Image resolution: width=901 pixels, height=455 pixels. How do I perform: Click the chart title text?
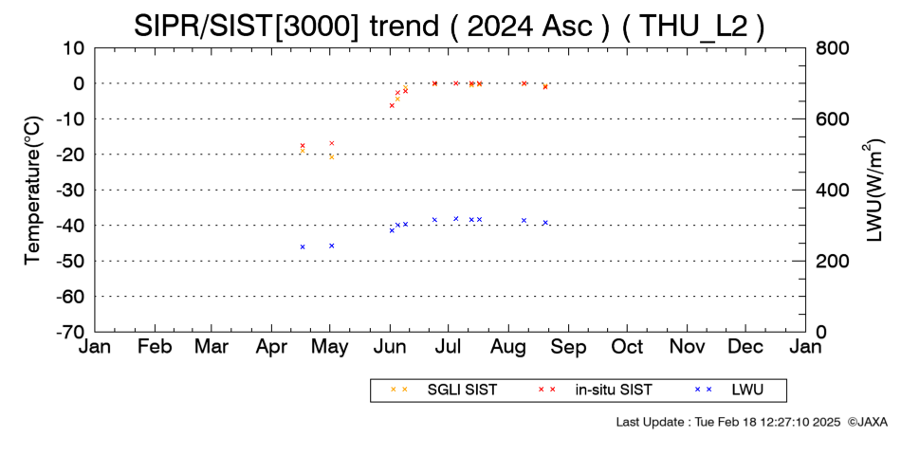[450, 26]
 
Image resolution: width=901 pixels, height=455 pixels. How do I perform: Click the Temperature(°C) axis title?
[34, 191]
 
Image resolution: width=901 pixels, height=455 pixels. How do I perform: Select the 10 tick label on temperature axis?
[74, 48]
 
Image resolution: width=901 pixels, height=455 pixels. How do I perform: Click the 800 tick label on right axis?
[832, 48]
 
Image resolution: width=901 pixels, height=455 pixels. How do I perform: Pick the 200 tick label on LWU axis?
[832, 262]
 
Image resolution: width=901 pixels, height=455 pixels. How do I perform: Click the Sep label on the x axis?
[568, 347]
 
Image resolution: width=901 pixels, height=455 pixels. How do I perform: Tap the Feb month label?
[155, 347]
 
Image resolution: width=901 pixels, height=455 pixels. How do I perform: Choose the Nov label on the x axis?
[687, 347]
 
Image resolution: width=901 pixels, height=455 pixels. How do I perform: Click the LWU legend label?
[747, 391]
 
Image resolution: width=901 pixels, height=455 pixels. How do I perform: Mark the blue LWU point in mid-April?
[303, 247]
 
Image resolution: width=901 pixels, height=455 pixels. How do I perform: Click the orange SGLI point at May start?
[332, 156]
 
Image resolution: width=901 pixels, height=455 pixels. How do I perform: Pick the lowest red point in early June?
[392, 106]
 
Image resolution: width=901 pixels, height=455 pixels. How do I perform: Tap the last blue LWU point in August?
[545, 223]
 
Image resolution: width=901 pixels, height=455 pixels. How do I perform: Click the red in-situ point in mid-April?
[303, 146]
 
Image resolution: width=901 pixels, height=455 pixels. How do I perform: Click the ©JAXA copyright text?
[867, 422]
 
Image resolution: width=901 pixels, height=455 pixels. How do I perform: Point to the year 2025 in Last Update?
[829, 422]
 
